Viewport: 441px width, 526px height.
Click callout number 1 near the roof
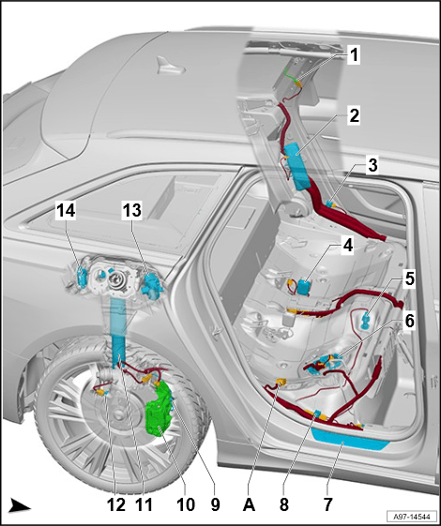[x=355, y=56]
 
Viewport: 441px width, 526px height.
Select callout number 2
[x=355, y=116]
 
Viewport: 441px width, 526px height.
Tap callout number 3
[x=373, y=166]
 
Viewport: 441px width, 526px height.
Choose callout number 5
[x=409, y=278]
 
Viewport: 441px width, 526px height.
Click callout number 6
[x=409, y=320]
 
